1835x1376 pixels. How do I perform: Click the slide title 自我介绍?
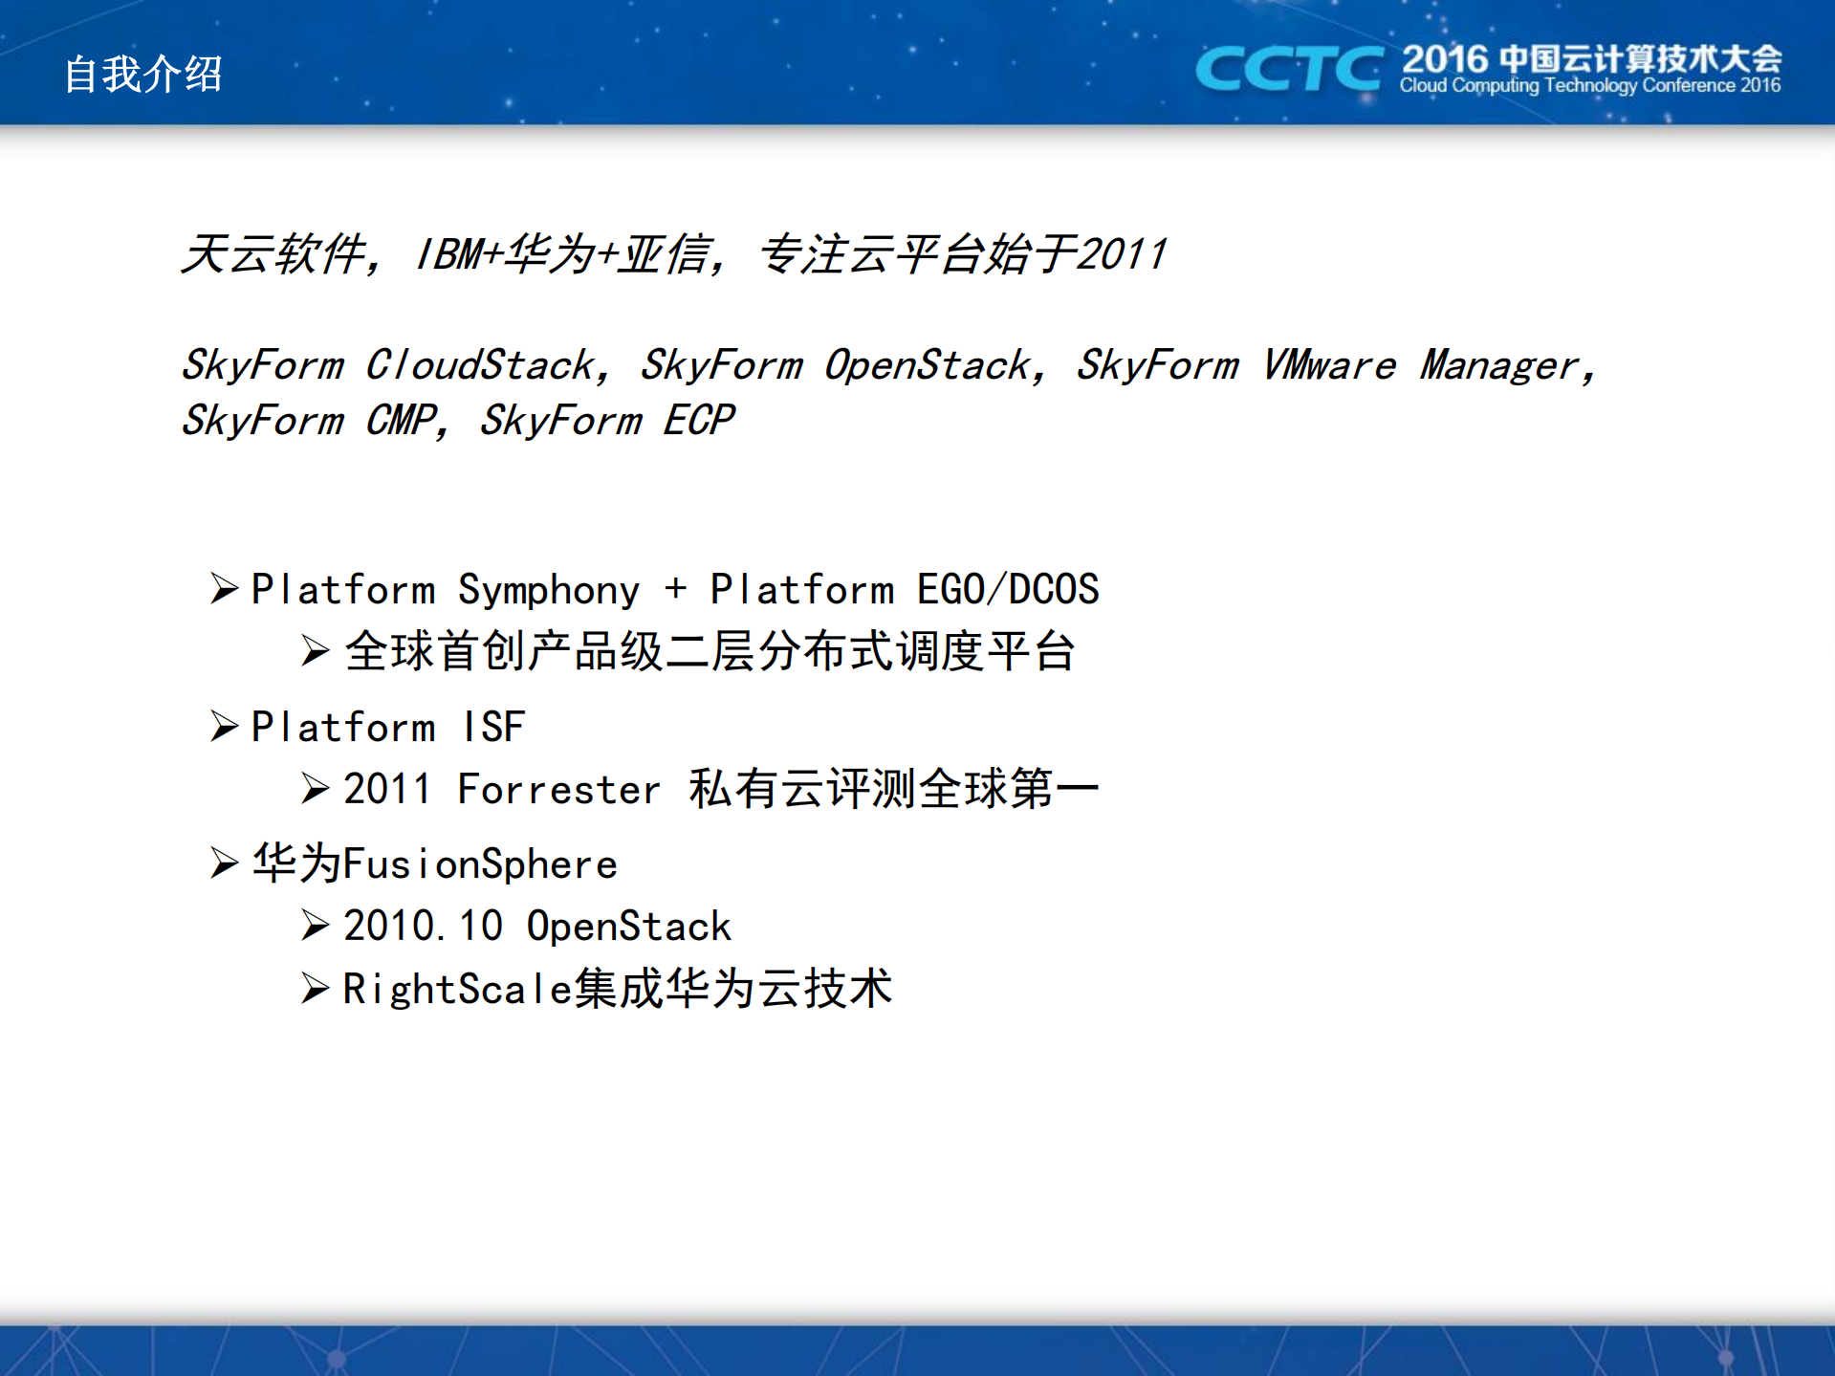pos(143,74)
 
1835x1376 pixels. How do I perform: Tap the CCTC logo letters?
pos(1288,69)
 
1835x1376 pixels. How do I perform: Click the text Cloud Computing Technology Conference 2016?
pos(1589,86)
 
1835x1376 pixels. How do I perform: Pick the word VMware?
pos(1329,365)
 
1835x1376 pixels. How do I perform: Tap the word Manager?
pos(1498,365)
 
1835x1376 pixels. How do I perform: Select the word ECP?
pos(698,421)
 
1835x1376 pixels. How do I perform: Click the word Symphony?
pos(549,590)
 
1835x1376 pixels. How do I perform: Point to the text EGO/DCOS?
pos(1008,590)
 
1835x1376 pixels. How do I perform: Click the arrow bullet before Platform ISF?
pos(224,727)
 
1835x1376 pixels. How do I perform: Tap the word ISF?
pos(493,728)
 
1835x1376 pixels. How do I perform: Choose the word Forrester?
pos(559,790)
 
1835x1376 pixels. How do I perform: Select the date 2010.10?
pos(424,927)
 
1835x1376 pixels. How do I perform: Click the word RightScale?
pos(457,989)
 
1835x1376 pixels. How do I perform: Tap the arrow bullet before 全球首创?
pos(316,651)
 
